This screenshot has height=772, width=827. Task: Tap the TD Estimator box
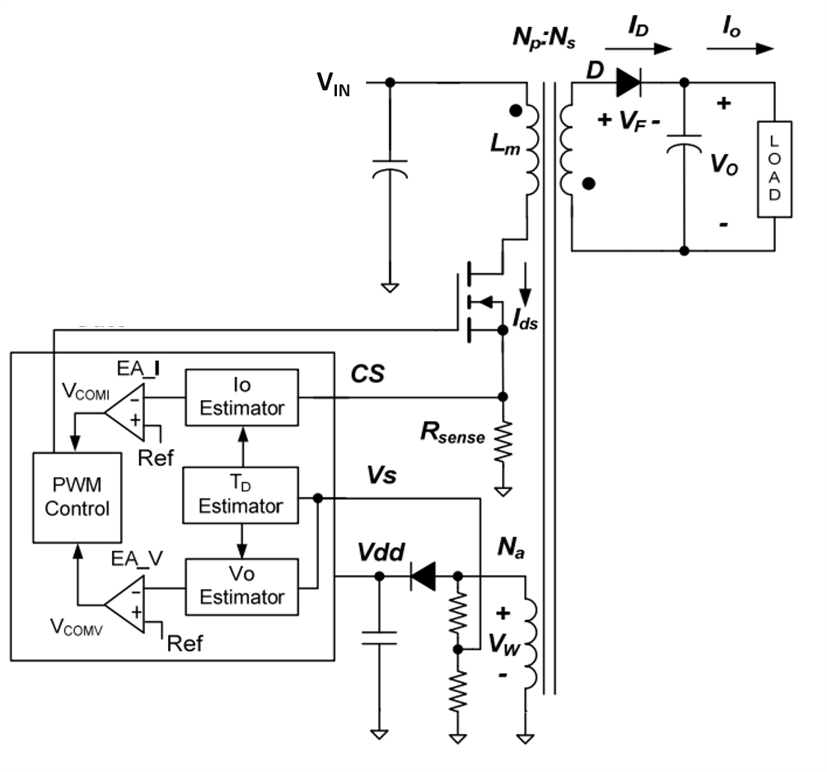pyautogui.click(x=241, y=495)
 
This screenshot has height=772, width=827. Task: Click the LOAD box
pyautogui.click(x=775, y=169)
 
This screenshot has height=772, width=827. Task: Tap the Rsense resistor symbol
pyautogui.click(x=504, y=442)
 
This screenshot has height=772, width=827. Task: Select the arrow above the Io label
pyautogui.click(x=740, y=49)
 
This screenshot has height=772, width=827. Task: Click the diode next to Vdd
pyautogui.click(x=424, y=576)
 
